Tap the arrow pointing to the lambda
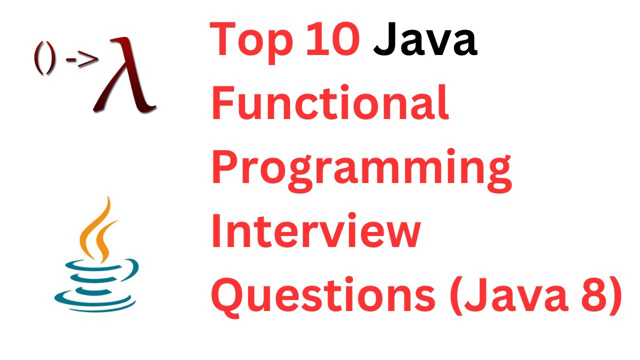click(82, 60)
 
